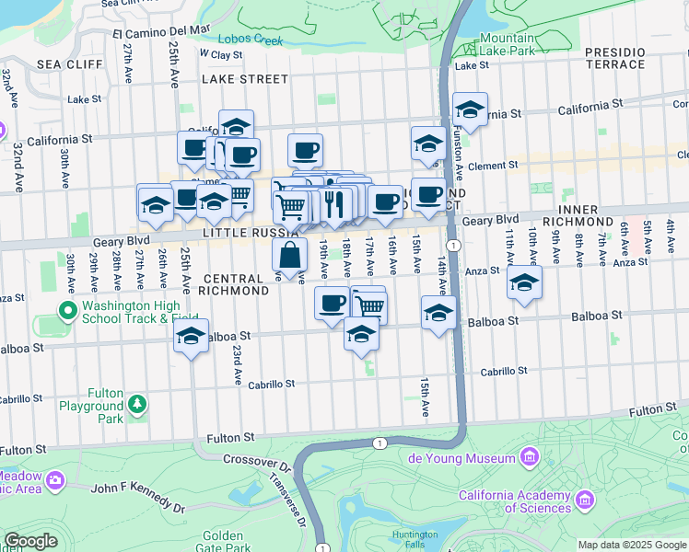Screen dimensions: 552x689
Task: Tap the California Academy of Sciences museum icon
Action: tap(583, 501)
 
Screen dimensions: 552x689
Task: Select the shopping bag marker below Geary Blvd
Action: tap(289, 257)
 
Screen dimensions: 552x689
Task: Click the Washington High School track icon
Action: tap(67, 309)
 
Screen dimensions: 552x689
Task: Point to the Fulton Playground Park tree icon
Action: tap(137, 404)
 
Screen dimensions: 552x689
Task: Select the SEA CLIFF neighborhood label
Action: tap(61, 65)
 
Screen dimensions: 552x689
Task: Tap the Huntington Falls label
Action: tap(415, 539)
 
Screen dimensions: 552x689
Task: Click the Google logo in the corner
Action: tap(30, 541)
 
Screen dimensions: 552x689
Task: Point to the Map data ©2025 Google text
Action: tap(632, 544)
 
